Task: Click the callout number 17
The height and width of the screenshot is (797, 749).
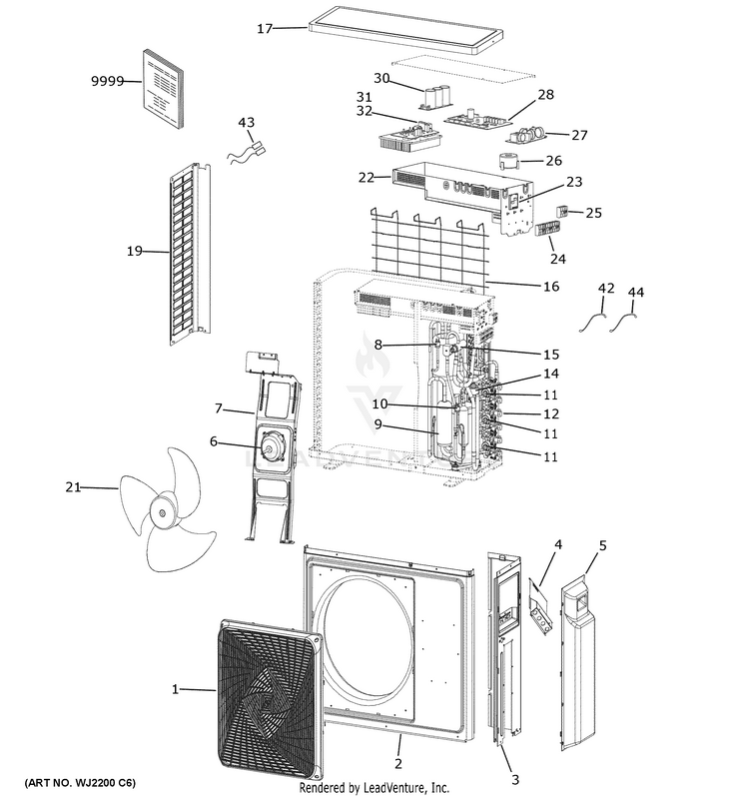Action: coord(264,28)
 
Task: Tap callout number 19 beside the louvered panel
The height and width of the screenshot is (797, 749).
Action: coord(135,251)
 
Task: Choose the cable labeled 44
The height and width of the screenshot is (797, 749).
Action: coord(628,320)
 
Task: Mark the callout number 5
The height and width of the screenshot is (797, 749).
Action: coord(602,545)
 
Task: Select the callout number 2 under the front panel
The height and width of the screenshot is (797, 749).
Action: coord(397,764)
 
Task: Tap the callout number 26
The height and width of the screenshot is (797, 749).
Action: coord(553,161)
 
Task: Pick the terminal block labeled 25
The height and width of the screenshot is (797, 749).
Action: coord(562,213)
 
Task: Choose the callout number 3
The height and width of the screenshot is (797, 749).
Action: coord(515,779)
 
